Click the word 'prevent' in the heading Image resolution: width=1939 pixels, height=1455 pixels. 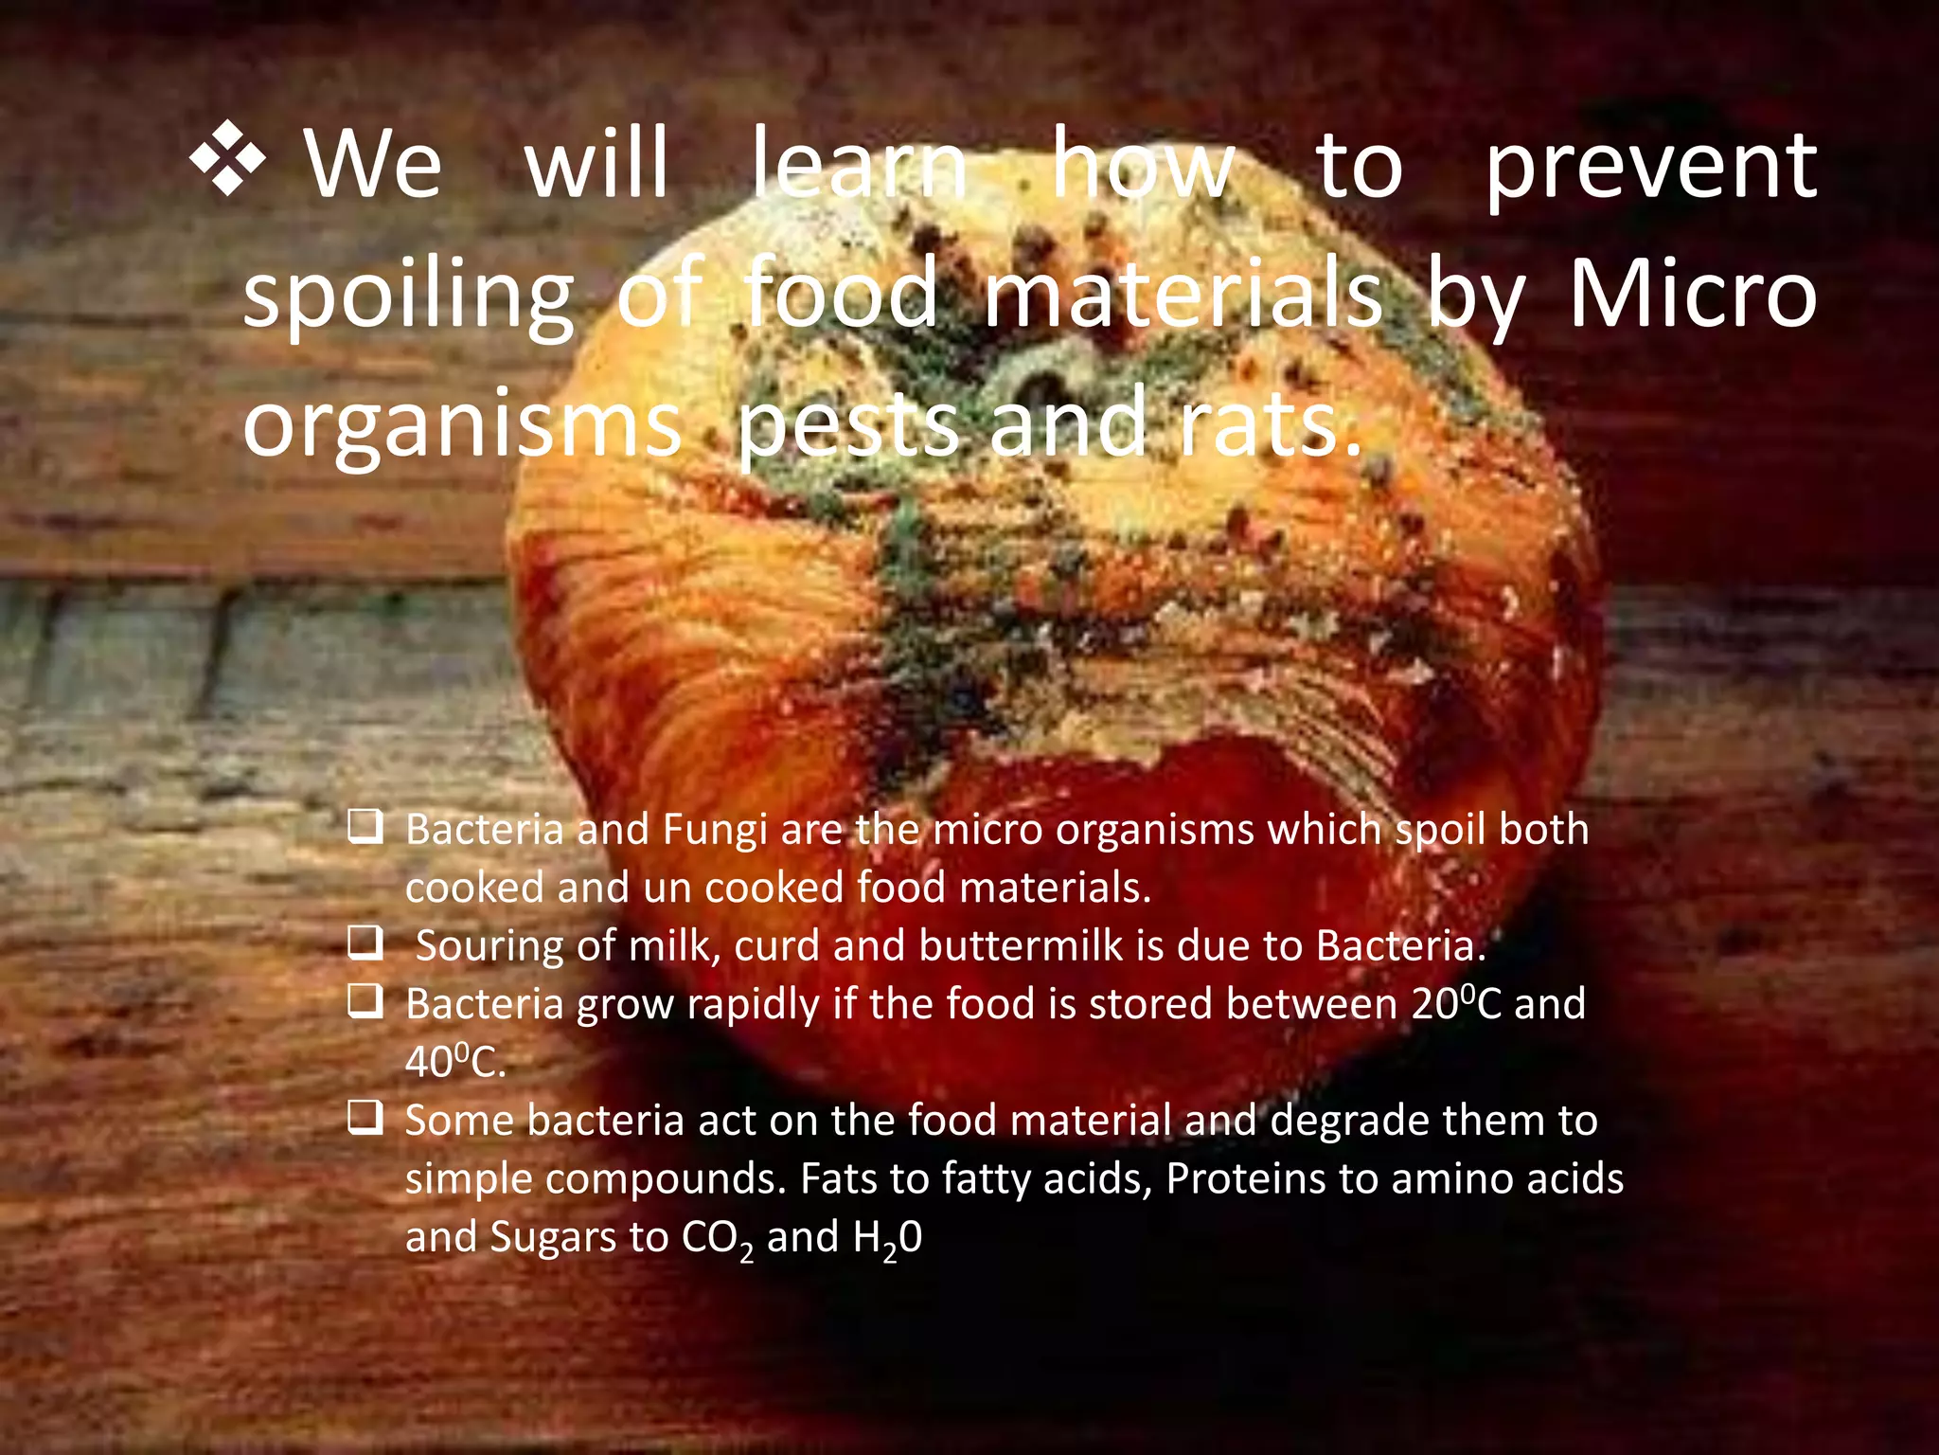[x=1649, y=169]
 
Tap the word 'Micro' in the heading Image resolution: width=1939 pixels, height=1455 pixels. [x=1693, y=295]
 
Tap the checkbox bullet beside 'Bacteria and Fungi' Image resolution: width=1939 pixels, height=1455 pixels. [x=365, y=827]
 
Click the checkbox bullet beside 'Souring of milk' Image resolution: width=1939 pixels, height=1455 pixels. [x=365, y=943]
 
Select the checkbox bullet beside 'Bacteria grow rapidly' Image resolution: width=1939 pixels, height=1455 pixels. [x=365, y=1001]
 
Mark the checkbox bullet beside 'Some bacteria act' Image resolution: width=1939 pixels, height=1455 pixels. [x=365, y=1118]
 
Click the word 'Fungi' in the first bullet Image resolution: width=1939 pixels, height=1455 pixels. [x=715, y=830]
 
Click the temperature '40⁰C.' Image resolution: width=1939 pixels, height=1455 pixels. [x=455, y=1062]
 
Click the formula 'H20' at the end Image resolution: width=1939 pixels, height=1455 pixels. [x=887, y=1238]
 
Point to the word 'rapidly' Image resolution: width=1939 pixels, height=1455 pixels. [x=753, y=1005]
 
